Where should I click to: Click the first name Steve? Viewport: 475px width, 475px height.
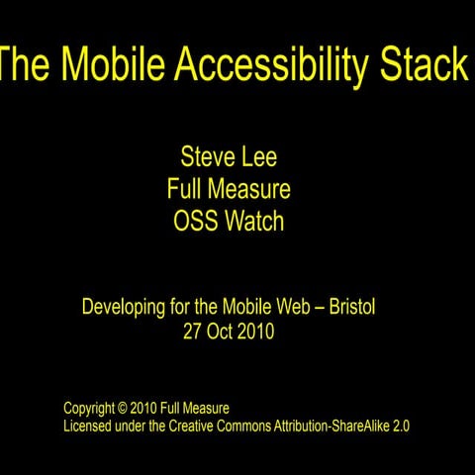207,155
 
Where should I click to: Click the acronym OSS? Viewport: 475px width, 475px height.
194,221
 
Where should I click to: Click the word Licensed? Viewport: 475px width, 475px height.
90,426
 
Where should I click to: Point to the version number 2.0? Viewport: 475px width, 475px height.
400,426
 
